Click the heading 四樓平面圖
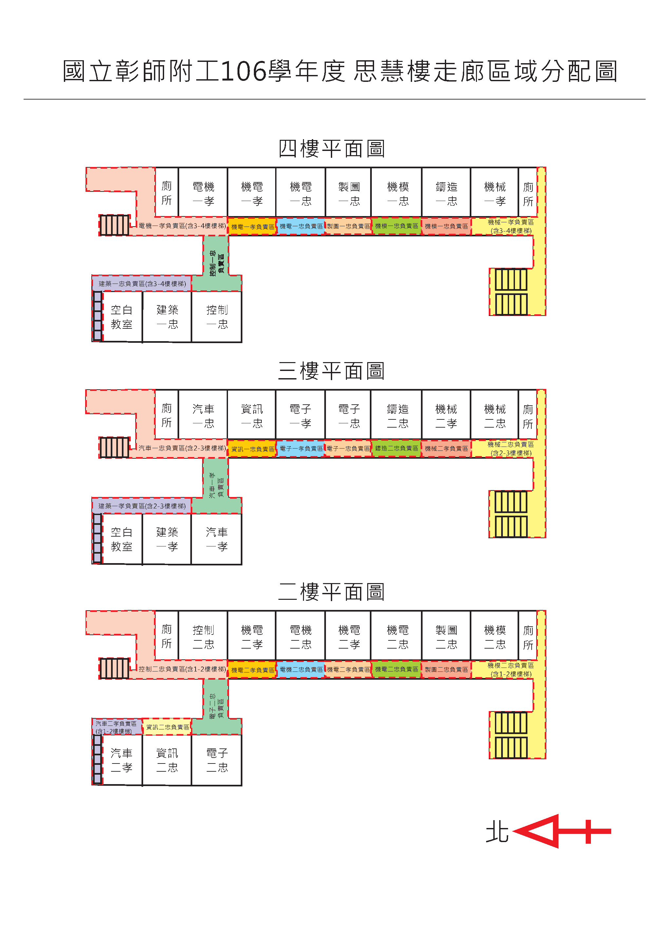331,149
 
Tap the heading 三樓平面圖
331,371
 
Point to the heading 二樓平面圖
331,592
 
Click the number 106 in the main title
243,71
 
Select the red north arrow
562,831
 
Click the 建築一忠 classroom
167,317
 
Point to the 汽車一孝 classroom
217,539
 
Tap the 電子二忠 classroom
217,760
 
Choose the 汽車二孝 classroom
122,760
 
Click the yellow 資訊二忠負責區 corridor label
168,727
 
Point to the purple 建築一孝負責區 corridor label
142,506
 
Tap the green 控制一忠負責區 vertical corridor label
217,263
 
